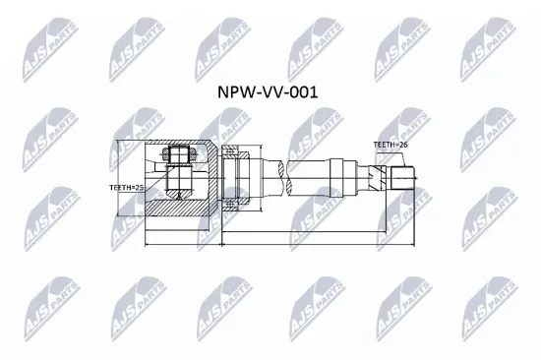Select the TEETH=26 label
[390, 145]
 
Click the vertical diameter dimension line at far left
[117, 178]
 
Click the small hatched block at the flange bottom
[230, 205]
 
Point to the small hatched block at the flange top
[230, 151]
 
